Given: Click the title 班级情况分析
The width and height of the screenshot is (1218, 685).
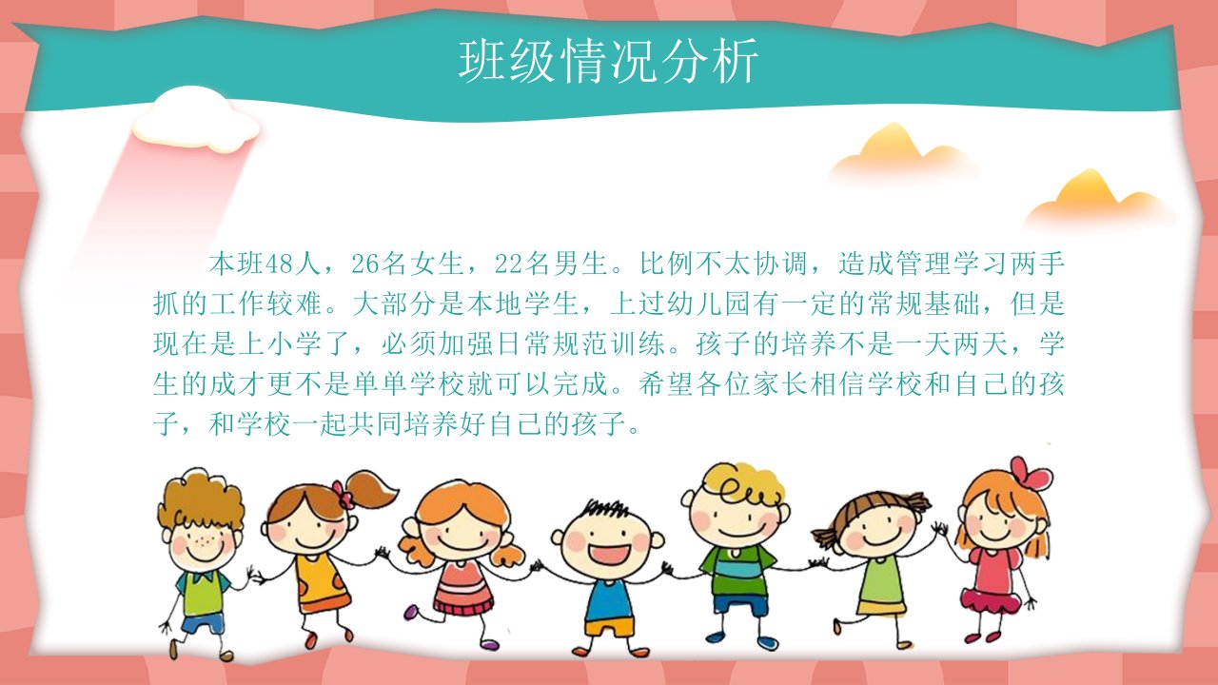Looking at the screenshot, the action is tap(608, 61).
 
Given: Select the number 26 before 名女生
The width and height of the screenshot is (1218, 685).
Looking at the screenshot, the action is tap(365, 264).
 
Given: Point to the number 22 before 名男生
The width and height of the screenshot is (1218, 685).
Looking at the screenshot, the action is tap(508, 264).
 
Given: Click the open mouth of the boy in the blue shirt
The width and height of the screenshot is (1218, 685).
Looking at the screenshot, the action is tap(610, 555).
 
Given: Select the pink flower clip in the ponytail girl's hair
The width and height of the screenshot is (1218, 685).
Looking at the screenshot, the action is tap(344, 494).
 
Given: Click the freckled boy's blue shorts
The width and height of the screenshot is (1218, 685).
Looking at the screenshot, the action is tap(203, 623).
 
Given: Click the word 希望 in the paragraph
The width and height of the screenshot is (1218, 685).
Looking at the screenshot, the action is tap(666, 383).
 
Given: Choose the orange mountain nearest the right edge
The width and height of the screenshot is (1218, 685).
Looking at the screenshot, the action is tap(1098, 199).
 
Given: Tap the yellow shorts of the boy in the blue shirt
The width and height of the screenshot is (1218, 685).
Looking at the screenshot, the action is tap(610, 629).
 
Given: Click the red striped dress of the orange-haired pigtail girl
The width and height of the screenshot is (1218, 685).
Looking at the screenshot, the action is tap(462, 588).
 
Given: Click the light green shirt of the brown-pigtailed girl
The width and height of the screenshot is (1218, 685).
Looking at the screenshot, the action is tap(881, 579).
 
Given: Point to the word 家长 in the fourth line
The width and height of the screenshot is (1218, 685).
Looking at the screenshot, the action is tap(781, 383).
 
